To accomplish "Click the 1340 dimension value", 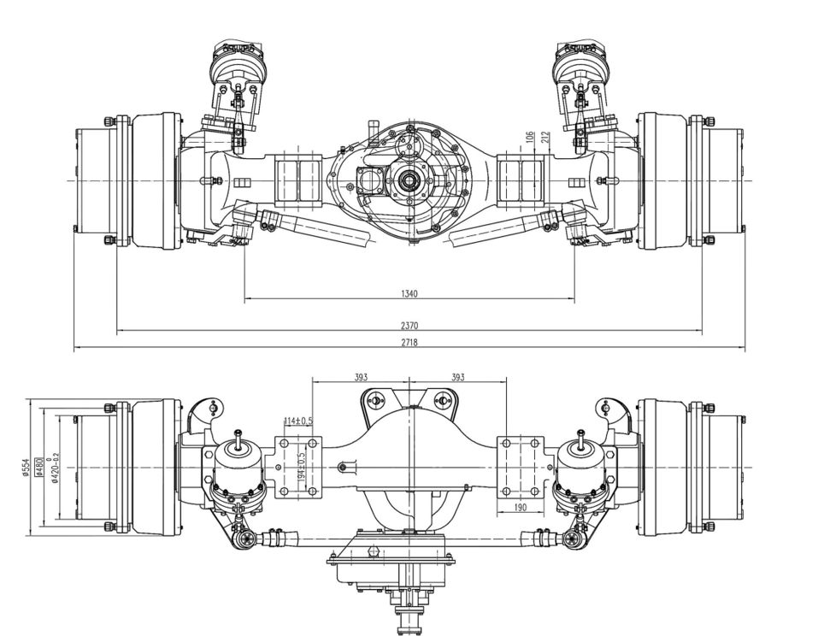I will (x=409, y=294).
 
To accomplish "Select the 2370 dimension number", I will (x=409, y=325).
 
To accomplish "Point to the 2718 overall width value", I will (x=409, y=342).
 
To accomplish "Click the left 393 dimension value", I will (x=362, y=377).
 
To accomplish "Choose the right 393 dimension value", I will (x=458, y=377).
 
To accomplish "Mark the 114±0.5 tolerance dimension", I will (x=297, y=421).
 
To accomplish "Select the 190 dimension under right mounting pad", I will (x=521, y=507).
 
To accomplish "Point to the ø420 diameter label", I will (x=54, y=468).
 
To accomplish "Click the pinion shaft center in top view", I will (x=409, y=180).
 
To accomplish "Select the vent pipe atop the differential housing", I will (x=373, y=130).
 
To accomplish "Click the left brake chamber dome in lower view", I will (x=238, y=466).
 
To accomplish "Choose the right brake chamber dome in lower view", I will (x=580, y=466).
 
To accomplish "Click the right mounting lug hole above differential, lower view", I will (x=442, y=398).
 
